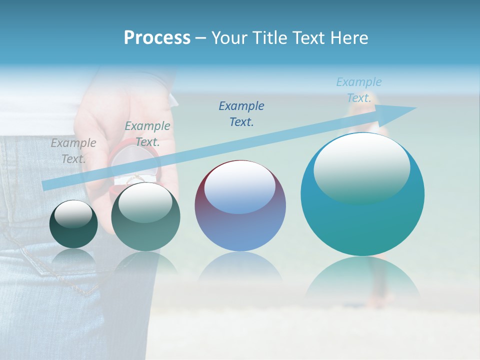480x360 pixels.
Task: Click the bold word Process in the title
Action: pos(157,38)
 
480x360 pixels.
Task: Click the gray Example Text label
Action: pos(73,151)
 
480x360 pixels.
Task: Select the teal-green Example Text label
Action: pos(147,134)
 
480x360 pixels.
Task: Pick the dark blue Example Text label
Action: pos(241,113)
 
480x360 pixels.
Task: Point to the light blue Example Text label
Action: pos(359,90)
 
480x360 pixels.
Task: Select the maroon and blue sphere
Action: pos(240,220)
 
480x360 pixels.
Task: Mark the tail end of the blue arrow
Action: pos(45,185)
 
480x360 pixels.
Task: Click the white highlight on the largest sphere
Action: pos(361,167)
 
